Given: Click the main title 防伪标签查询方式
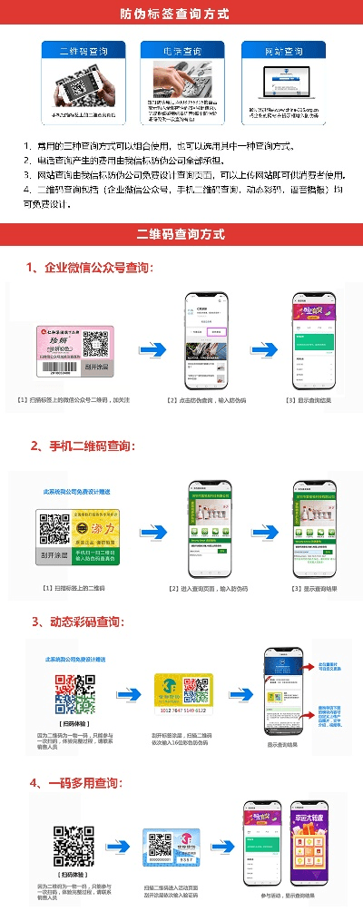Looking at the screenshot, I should click(181, 14).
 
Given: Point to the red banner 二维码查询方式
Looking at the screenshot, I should click(181, 234).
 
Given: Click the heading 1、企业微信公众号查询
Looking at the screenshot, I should click(90, 269).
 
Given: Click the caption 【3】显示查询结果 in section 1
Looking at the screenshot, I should click(309, 400).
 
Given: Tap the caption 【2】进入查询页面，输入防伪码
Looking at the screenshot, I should click(208, 589).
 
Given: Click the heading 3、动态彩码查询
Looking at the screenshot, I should click(78, 622).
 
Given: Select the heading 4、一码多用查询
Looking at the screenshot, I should click(76, 782).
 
